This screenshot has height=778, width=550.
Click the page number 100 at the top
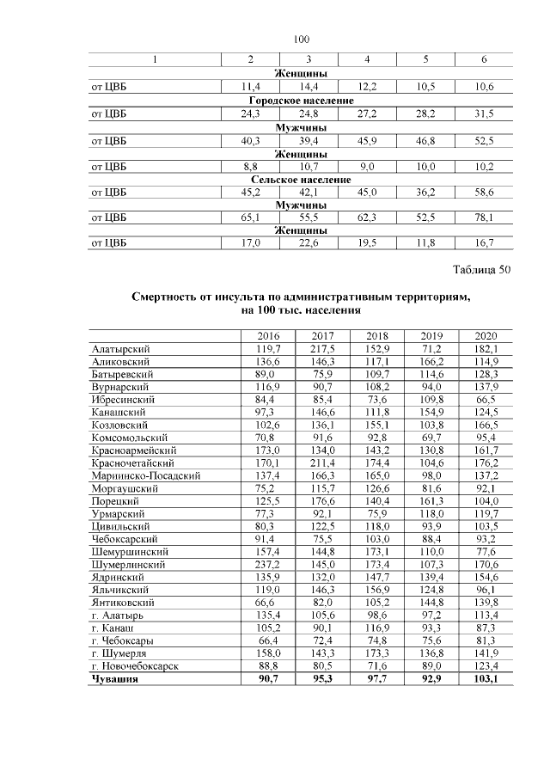[x=300, y=40]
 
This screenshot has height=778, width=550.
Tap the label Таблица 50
[x=481, y=270]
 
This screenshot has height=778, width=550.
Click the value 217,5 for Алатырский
[x=323, y=349]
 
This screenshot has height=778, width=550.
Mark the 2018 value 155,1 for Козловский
[x=377, y=426]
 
